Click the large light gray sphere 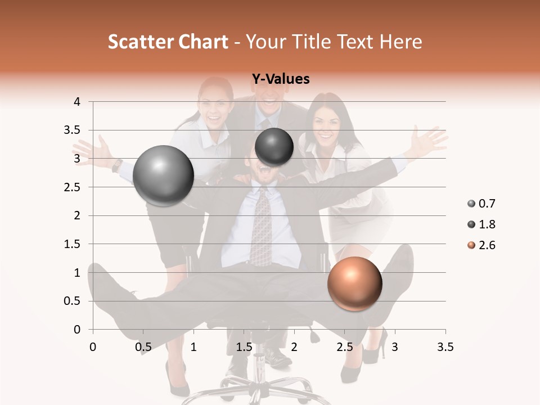click(x=164, y=175)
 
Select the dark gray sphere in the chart click(x=274, y=147)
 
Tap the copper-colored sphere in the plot click(x=354, y=283)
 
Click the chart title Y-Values click(x=280, y=79)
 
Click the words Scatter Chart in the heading click(x=168, y=42)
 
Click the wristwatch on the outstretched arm click(x=117, y=165)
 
